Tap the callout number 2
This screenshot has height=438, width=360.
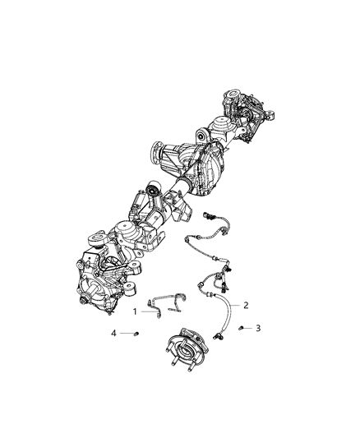246,304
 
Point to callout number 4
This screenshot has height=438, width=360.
114,332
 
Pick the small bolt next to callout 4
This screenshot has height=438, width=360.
133,332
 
